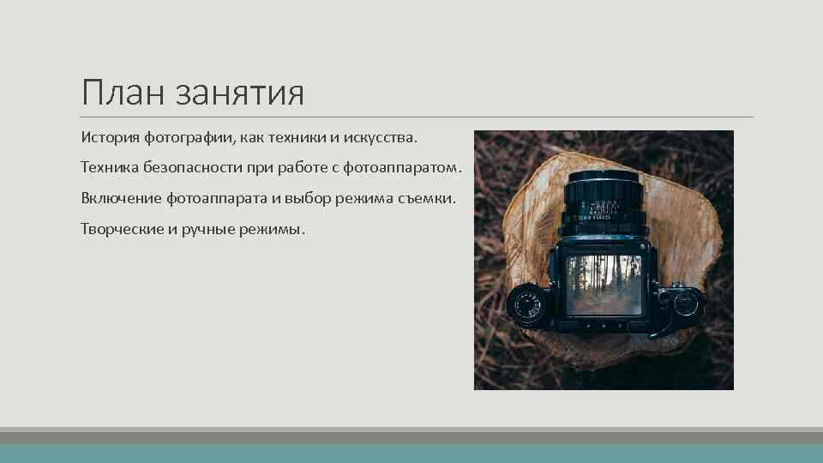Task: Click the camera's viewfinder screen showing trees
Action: point(604,286)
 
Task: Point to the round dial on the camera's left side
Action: point(527,304)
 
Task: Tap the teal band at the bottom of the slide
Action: point(411,454)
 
